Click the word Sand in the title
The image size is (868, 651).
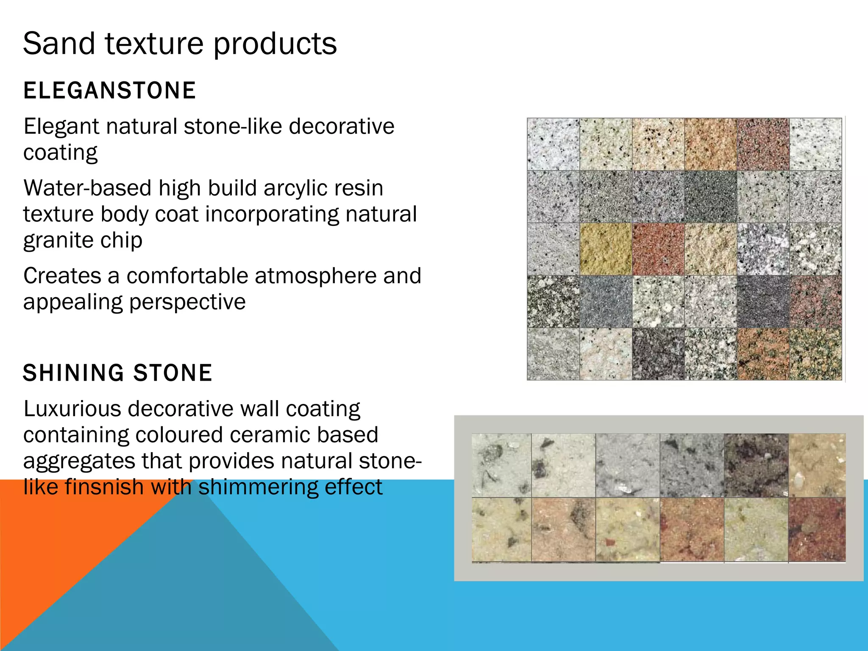pyautogui.click(x=58, y=44)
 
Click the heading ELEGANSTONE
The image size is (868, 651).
pyautogui.click(x=109, y=91)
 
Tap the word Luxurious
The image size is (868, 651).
pyautogui.click(x=72, y=409)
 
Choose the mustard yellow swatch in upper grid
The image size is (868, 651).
pyautogui.click(x=606, y=249)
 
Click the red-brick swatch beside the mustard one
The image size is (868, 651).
pyautogui.click(x=658, y=249)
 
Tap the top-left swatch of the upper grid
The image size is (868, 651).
pyautogui.click(x=553, y=145)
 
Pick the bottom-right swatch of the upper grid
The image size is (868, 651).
pyautogui.click(x=816, y=354)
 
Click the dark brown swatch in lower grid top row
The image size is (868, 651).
pyautogui.click(x=756, y=465)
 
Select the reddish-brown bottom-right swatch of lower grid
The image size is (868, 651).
pyautogui.click(x=817, y=530)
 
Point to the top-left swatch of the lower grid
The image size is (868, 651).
pyautogui.click(x=501, y=465)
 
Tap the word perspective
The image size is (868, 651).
pyautogui.click(x=187, y=302)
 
